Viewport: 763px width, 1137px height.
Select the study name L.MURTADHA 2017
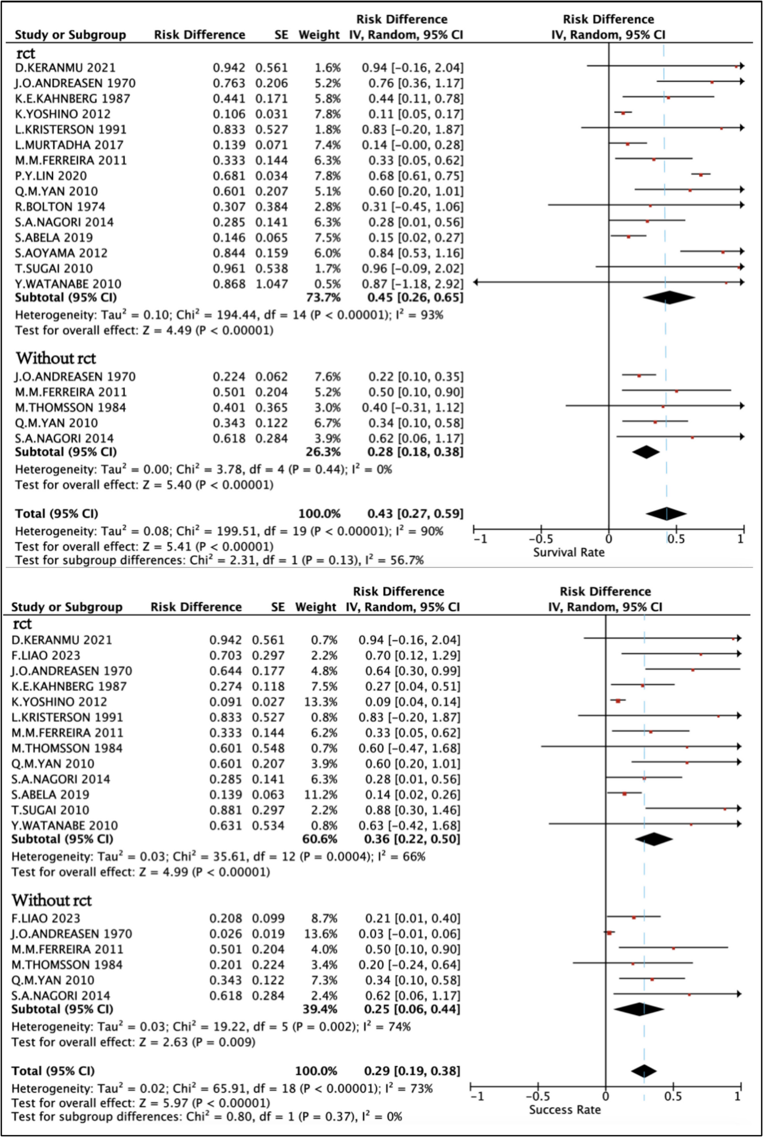tap(69, 145)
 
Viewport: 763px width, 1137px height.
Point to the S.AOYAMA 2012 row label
tap(60, 253)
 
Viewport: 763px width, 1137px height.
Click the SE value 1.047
tap(272, 284)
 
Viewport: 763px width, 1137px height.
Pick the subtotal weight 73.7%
tap(319, 297)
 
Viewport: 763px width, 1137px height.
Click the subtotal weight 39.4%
tap(320, 1009)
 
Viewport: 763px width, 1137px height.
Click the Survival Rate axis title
tap(568, 552)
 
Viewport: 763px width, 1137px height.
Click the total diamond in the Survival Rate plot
tap(666, 513)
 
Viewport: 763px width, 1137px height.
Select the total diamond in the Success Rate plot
tap(644, 1071)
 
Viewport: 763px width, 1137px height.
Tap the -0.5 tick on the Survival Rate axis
tap(541, 539)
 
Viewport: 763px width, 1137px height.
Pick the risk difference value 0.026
tap(225, 934)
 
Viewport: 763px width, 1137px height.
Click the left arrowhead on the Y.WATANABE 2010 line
tap(475, 282)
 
